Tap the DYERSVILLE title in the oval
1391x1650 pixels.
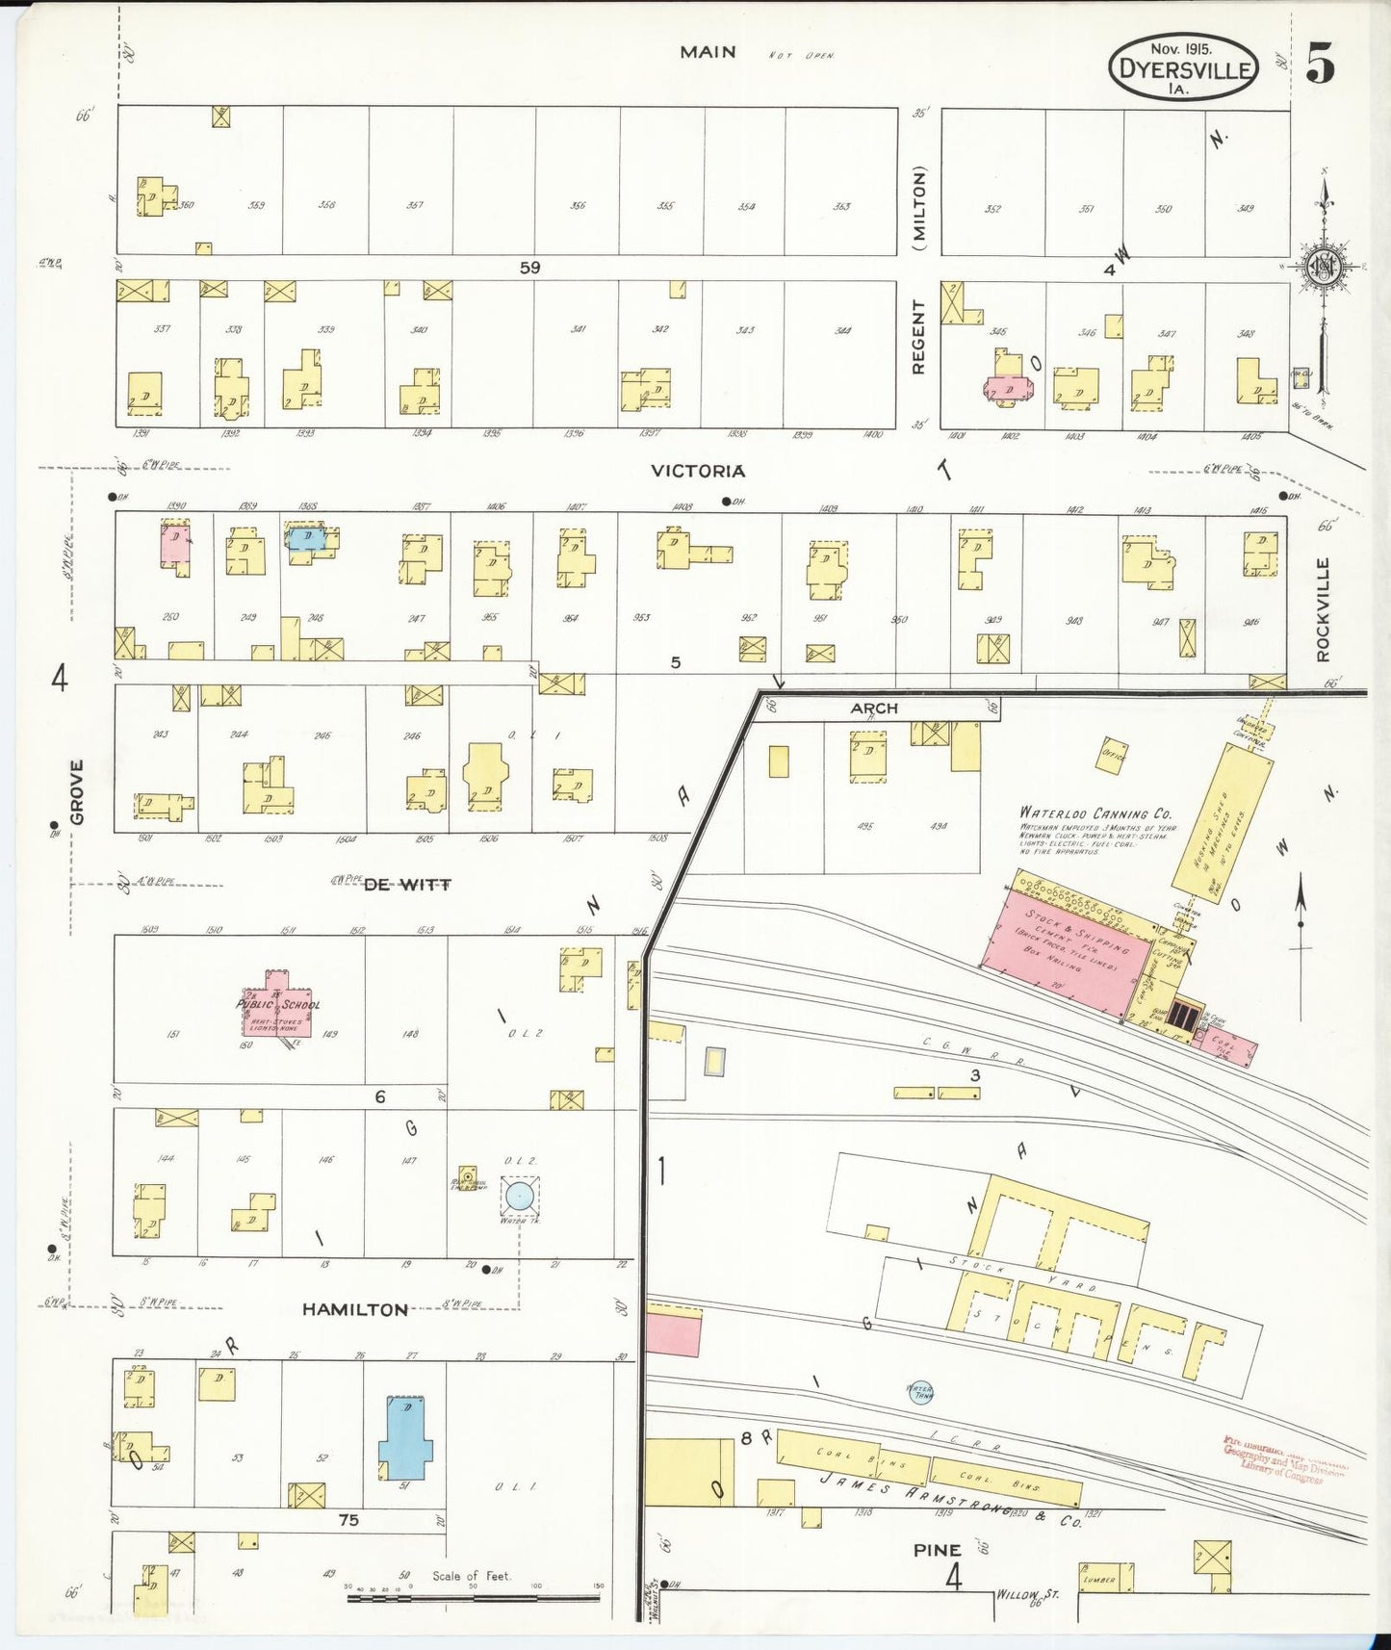tap(1183, 70)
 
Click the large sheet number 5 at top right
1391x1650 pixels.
tap(1320, 64)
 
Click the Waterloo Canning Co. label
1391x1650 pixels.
tap(1095, 812)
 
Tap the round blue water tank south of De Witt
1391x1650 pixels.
tap(519, 1197)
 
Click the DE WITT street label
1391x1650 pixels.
tap(407, 885)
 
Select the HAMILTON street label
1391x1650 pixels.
tap(355, 1309)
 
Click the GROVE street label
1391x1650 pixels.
tap(77, 792)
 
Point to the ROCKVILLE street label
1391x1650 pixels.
tap(1323, 610)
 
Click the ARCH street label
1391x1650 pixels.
tap(873, 708)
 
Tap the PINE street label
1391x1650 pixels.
tap(937, 1550)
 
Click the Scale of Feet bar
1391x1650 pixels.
tap(472, 1599)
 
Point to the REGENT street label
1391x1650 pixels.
tap(918, 337)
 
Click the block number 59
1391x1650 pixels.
tap(529, 268)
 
